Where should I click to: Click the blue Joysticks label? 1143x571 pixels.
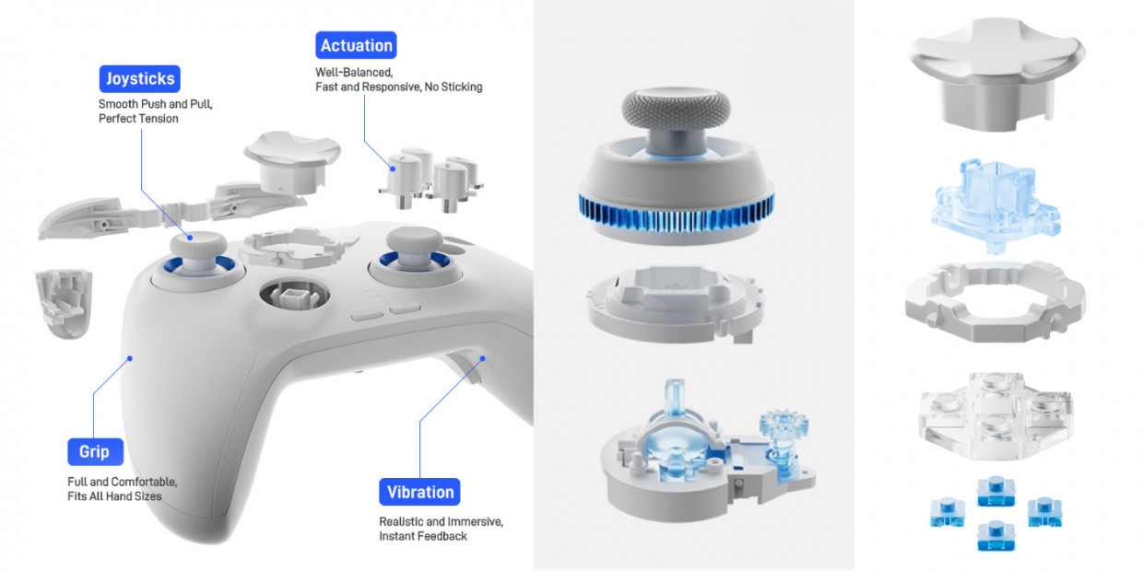pyautogui.click(x=139, y=78)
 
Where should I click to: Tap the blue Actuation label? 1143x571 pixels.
pyautogui.click(x=356, y=45)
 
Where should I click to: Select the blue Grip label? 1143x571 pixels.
pyautogui.click(x=95, y=451)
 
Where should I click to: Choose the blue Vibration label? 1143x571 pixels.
pyautogui.click(x=419, y=492)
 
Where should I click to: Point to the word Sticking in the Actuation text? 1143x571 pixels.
pyautogui.click(x=461, y=87)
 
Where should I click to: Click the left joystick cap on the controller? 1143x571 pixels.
pyautogui.click(x=198, y=244)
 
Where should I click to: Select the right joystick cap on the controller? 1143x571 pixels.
pyautogui.click(x=415, y=239)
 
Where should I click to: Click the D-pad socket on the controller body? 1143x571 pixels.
pyautogui.click(x=294, y=295)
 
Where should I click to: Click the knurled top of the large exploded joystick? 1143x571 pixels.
pyautogui.click(x=676, y=107)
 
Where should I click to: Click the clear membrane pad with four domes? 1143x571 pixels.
pyautogui.click(x=996, y=415)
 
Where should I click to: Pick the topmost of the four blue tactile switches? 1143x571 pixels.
pyautogui.click(x=996, y=491)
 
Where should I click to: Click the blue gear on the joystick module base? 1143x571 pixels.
pyautogui.click(x=784, y=423)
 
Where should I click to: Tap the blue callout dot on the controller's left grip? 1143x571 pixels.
pyautogui.click(x=130, y=358)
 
